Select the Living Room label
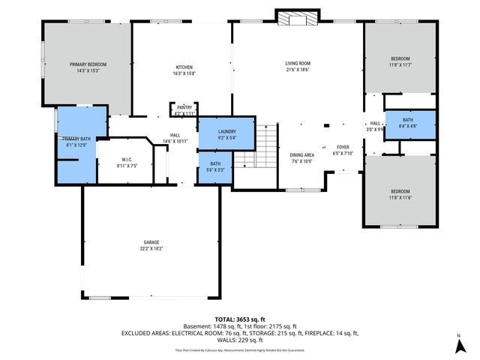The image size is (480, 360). [x=297, y=64]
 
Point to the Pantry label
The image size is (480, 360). [x=184, y=107]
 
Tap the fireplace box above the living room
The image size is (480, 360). [x=296, y=16]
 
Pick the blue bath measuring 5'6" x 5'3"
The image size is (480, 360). [x=215, y=166]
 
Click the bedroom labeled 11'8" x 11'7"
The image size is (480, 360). [x=400, y=61]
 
